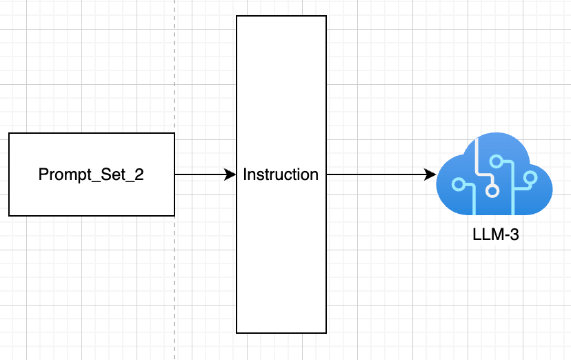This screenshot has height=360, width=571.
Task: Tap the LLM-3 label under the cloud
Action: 495,234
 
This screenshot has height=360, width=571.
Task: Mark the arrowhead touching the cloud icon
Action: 431,174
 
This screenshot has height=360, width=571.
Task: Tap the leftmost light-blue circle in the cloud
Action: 458,184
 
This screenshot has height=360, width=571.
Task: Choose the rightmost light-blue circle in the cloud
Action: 530,178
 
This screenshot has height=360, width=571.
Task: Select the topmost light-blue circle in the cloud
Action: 494,162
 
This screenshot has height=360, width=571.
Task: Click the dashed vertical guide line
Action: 174,69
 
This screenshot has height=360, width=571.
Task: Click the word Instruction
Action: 281,174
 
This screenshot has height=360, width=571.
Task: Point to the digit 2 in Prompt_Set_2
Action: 139,174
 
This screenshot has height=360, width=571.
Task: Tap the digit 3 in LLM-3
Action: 514,234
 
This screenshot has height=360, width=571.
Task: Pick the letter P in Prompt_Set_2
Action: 43,174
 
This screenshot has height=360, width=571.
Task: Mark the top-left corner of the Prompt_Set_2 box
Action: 9,134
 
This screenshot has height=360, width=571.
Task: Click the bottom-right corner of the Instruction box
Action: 325,333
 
